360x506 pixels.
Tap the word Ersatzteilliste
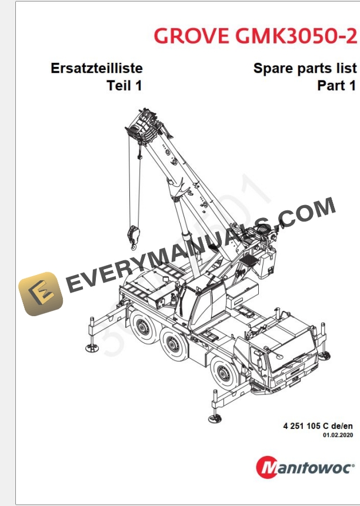[x=96, y=68]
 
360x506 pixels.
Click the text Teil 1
[x=124, y=86]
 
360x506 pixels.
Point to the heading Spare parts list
[x=305, y=68]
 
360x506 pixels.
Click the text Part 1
[x=336, y=86]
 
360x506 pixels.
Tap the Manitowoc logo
[x=305, y=468]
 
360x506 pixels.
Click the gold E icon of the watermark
[x=41, y=294]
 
